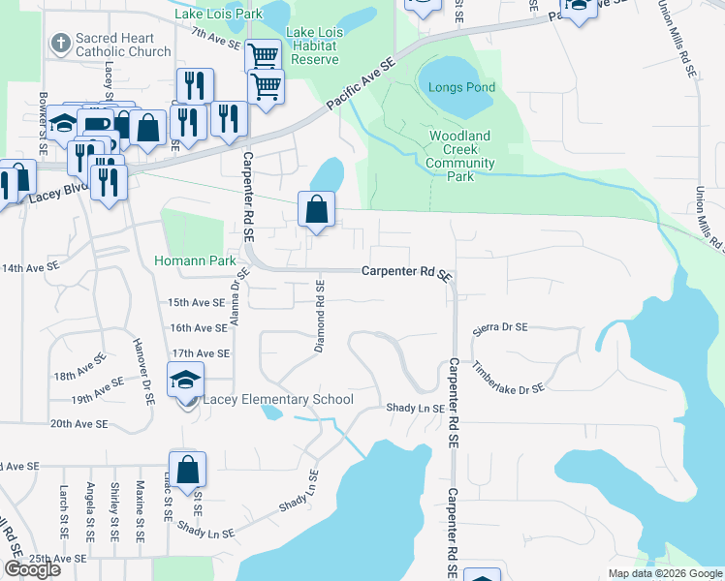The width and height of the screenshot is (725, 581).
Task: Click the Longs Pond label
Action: [462, 88]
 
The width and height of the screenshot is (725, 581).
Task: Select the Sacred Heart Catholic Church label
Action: [123, 44]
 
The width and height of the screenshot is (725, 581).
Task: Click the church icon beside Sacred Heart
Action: [60, 43]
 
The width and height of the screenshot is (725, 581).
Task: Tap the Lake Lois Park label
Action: [219, 15]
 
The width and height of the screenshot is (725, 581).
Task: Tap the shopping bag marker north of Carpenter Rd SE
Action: [317, 208]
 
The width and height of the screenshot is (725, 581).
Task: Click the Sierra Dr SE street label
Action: [500, 328]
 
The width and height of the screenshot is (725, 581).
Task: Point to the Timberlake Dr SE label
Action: [509, 377]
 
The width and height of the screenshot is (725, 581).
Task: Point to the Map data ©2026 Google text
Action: [664, 573]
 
